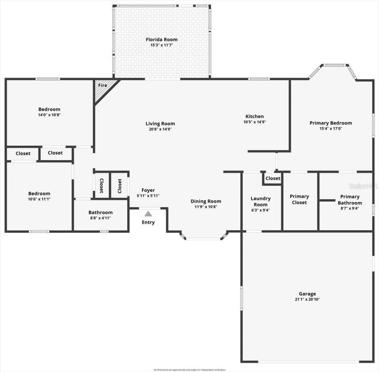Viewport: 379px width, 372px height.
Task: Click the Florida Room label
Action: [161, 39]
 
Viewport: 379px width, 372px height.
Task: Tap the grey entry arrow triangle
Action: [148, 214]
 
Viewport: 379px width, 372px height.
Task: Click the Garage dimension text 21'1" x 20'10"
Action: [307, 299]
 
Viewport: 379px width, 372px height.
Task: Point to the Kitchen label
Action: [254, 116]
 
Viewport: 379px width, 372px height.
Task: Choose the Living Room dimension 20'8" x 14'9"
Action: [160, 129]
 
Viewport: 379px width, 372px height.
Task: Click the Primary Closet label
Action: [299, 199]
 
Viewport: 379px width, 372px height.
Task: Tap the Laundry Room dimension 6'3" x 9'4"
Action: [261, 210]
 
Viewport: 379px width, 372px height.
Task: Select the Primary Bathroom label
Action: [350, 200]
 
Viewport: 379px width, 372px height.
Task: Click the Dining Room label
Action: [206, 201]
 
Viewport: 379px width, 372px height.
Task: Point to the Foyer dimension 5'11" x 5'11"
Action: [148, 196]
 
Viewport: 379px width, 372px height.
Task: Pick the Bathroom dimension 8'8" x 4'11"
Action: [100, 218]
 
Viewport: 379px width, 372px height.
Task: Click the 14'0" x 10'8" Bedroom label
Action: [49, 109]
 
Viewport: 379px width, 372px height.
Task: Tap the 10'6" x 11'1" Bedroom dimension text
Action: [39, 199]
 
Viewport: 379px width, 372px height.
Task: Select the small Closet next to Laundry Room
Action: [273, 178]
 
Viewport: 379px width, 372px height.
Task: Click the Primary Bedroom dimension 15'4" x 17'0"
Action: [331, 128]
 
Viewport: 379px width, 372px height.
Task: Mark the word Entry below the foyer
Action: [148, 222]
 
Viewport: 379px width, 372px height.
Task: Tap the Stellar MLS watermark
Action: [363, 186]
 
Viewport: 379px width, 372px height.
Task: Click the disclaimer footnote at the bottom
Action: [189, 370]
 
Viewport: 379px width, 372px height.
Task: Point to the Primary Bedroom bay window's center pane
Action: [334, 65]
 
